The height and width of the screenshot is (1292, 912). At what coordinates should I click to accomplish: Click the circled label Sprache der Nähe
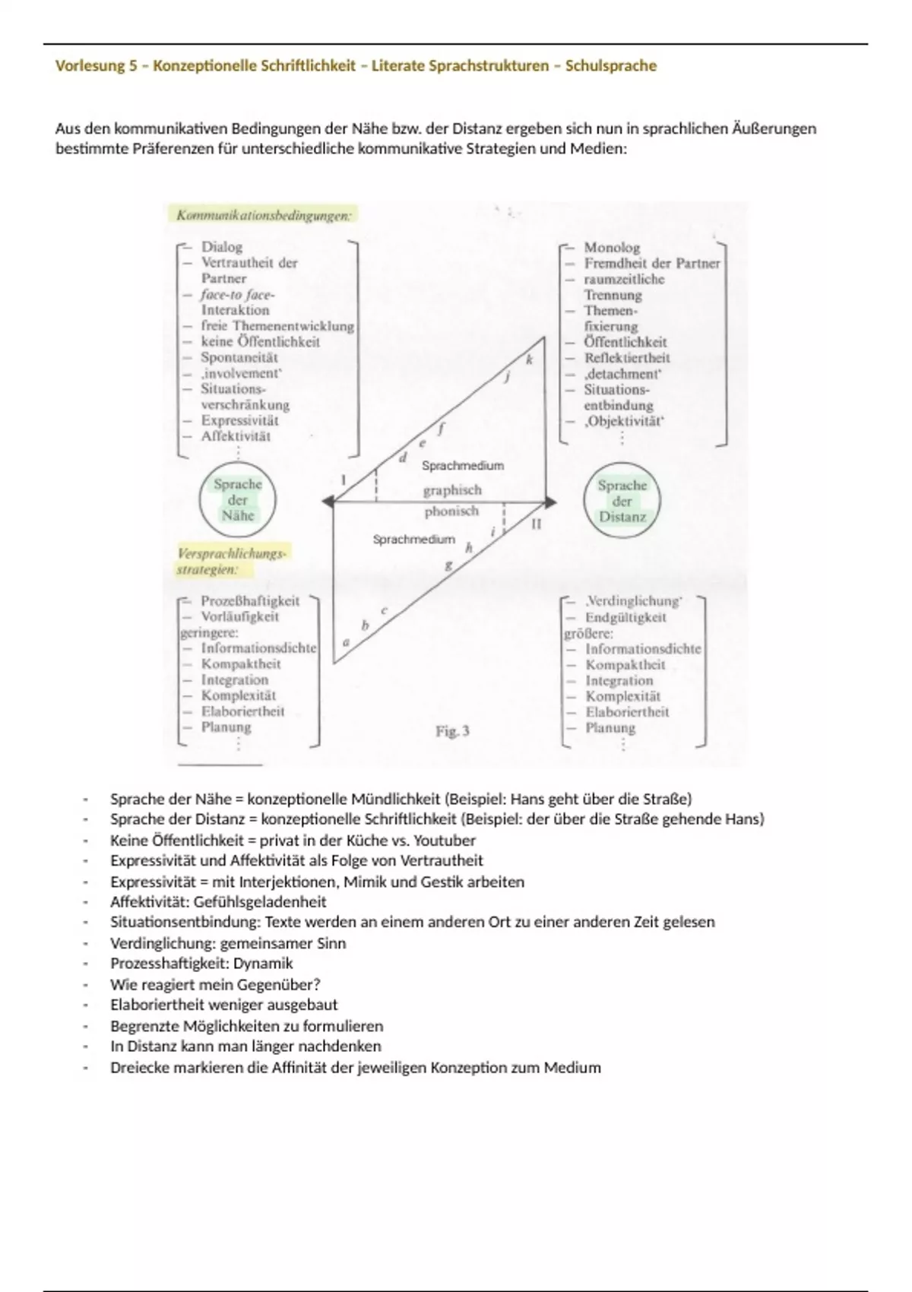[x=238, y=500]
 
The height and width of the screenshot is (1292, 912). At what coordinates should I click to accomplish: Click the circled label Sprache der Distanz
[x=622, y=501]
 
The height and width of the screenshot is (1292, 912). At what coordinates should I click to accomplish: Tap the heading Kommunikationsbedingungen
[x=264, y=215]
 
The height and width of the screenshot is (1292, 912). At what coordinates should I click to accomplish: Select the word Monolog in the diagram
[x=612, y=247]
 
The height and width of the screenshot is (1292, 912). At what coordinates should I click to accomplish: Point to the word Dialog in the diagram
[x=221, y=246]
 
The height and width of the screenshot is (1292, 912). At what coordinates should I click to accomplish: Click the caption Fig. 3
[x=452, y=731]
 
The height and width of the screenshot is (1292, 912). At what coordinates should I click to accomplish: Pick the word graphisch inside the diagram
[x=452, y=490]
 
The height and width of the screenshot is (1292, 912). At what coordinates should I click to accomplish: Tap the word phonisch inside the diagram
[x=451, y=511]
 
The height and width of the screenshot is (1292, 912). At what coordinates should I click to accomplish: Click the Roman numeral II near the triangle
[x=536, y=524]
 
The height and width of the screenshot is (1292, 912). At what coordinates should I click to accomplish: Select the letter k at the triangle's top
[x=530, y=359]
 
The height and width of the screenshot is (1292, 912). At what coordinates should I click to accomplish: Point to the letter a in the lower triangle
[x=347, y=642]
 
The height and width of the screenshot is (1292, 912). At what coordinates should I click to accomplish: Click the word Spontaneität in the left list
[x=239, y=357]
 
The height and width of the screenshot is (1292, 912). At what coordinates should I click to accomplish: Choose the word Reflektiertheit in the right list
[x=627, y=358]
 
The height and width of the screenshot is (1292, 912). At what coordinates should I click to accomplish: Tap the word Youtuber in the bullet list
[x=445, y=841]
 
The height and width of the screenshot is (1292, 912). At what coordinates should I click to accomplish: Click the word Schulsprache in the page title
[x=610, y=66]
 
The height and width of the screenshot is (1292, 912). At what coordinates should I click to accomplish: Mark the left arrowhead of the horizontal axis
[x=328, y=502]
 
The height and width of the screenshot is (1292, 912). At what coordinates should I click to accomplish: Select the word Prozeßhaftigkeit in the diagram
[x=250, y=600]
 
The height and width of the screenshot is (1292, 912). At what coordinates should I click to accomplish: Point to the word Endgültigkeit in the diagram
[x=625, y=617]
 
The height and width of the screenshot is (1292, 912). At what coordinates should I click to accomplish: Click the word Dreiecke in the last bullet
[x=137, y=1068]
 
